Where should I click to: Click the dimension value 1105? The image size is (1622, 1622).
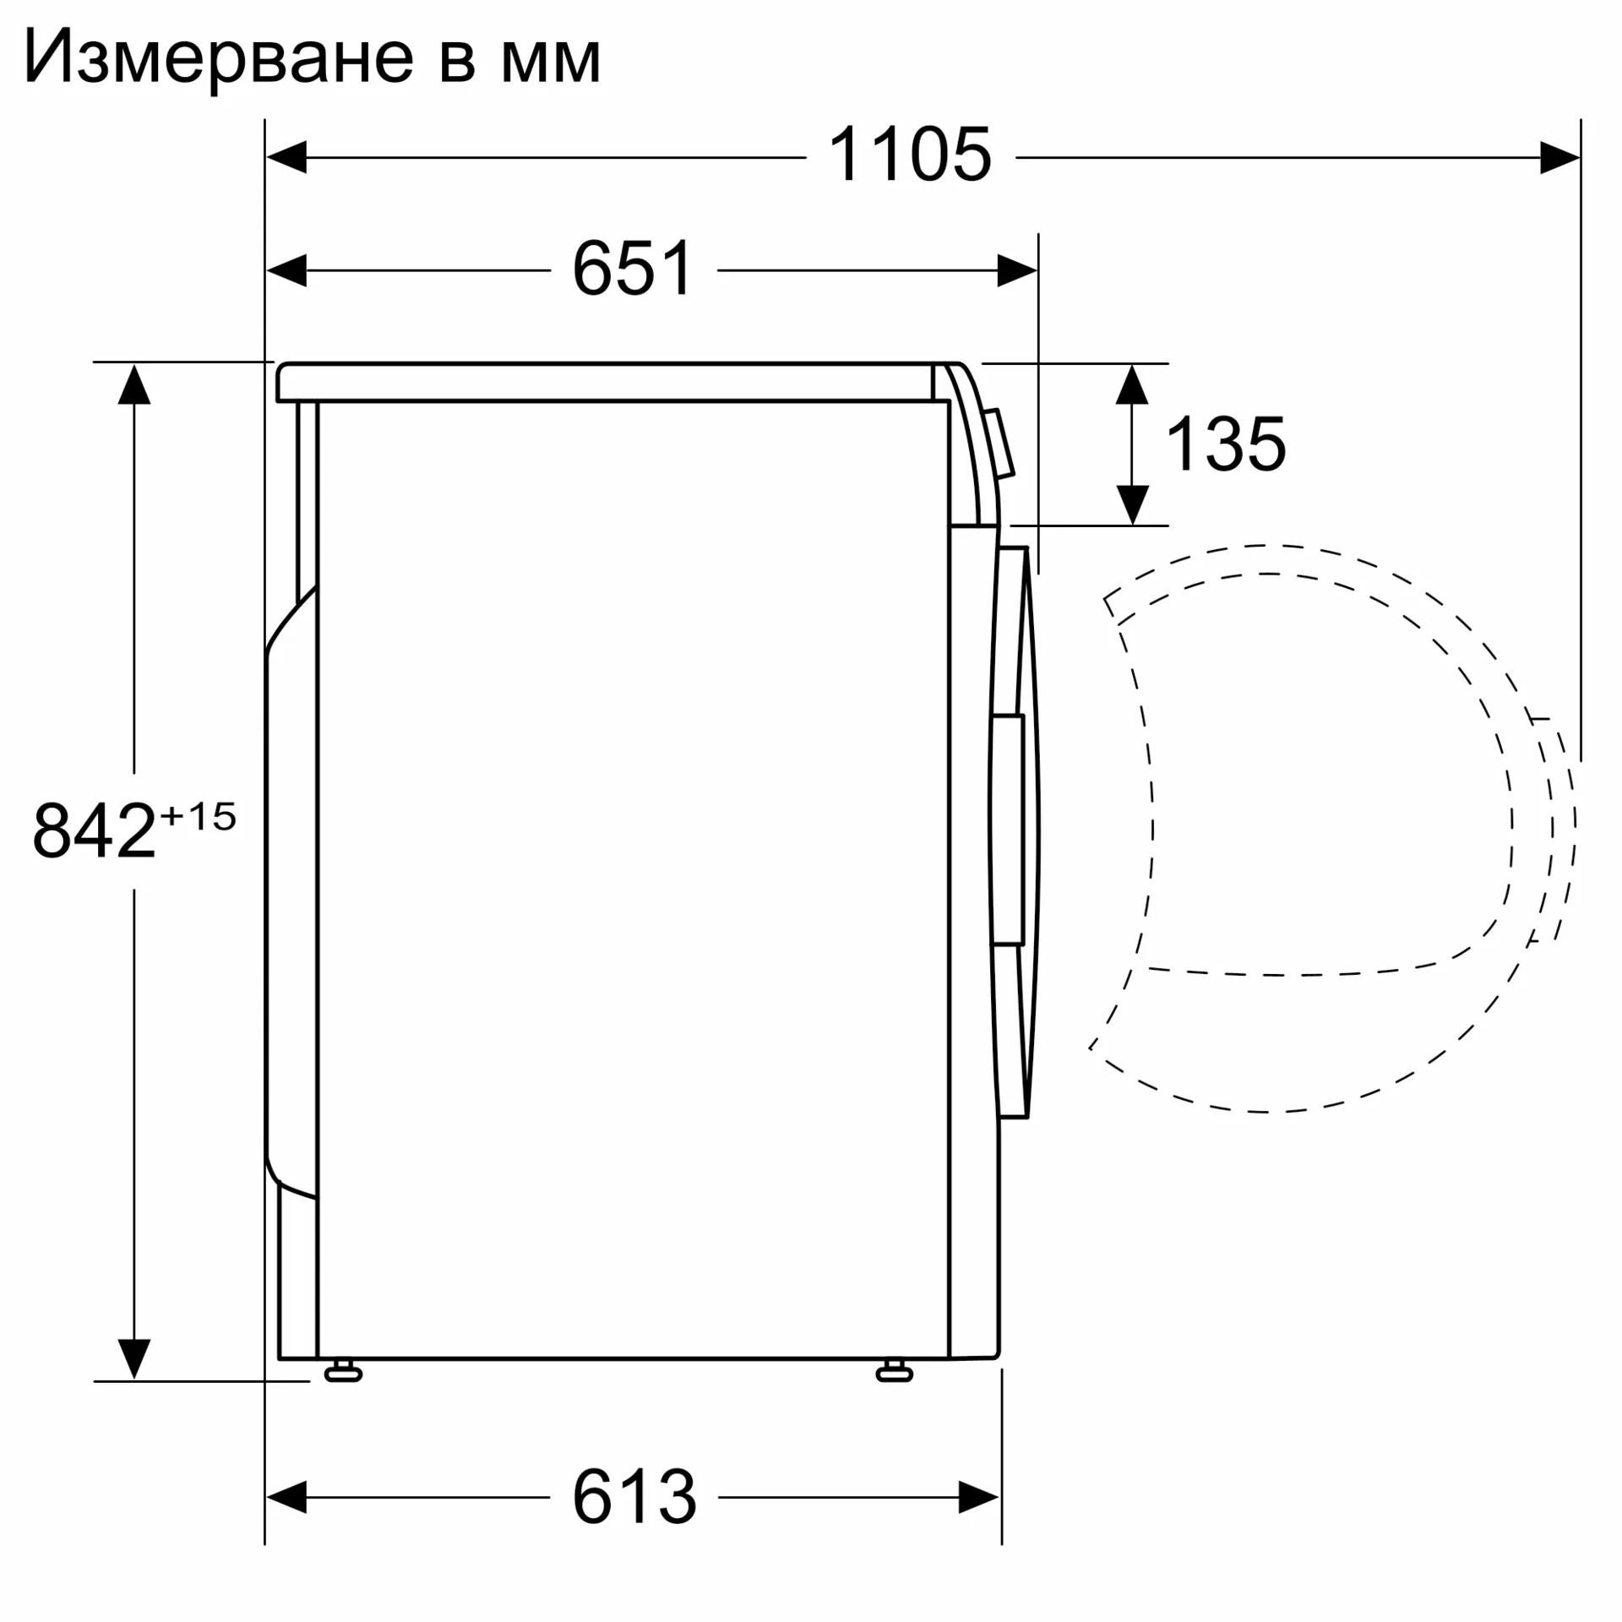tap(910, 155)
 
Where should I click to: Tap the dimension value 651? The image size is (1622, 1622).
tap(634, 268)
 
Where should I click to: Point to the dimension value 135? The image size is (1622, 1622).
tap(1226, 444)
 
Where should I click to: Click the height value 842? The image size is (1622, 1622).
tap(95, 830)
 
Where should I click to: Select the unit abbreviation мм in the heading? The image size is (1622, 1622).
tap(551, 63)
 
